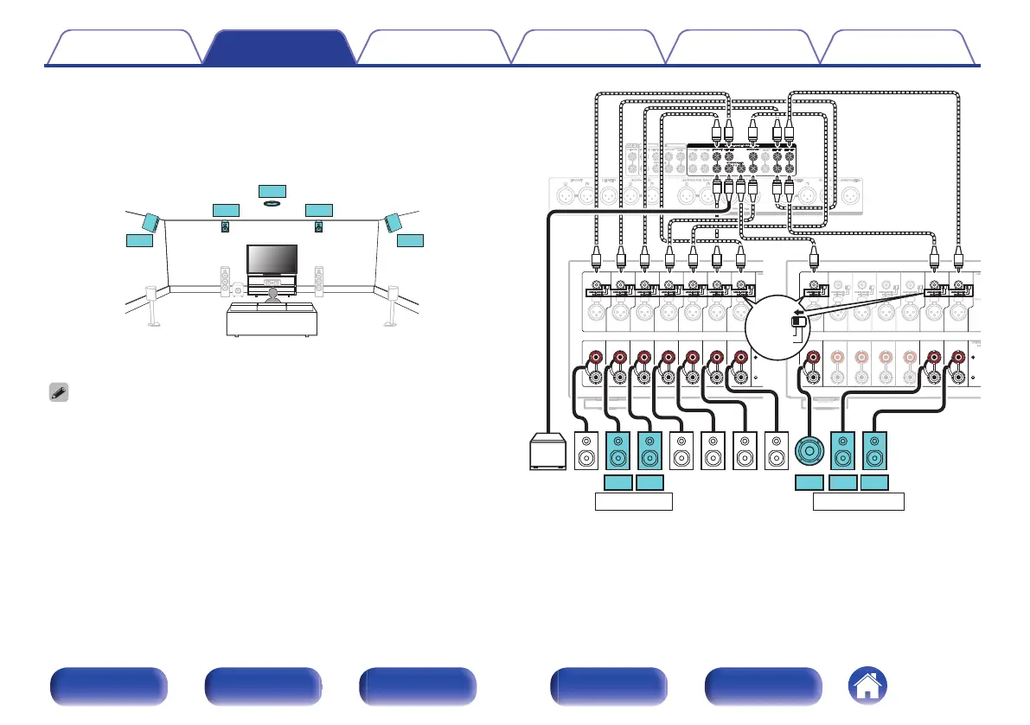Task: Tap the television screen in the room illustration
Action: (x=272, y=258)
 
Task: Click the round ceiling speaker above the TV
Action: (x=272, y=204)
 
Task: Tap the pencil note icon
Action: (x=57, y=391)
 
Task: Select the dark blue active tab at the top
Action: (x=279, y=48)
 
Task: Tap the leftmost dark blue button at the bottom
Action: (x=108, y=687)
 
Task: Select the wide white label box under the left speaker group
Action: (x=635, y=501)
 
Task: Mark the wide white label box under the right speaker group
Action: (x=860, y=501)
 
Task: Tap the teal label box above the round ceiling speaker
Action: (x=272, y=190)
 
